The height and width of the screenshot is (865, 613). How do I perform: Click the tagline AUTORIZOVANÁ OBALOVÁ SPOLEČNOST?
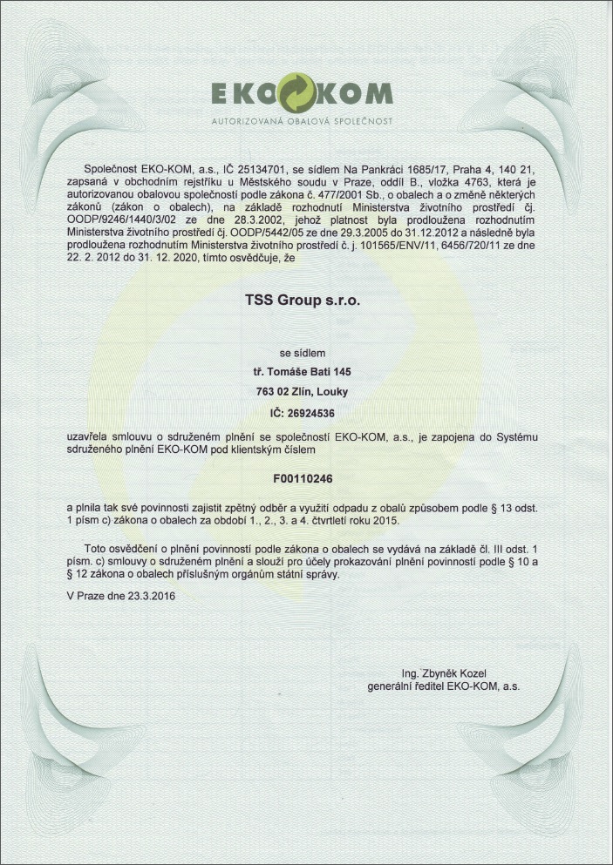(x=302, y=120)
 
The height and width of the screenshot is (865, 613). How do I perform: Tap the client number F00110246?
(x=303, y=478)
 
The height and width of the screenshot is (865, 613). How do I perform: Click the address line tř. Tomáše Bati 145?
(x=303, y=371)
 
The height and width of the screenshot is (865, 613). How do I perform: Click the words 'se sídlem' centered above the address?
(x=302, y=353)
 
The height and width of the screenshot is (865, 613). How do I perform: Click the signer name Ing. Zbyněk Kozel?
(x=444, y=673)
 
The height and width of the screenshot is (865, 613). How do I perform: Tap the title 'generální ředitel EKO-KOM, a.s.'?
(x=444, y=686)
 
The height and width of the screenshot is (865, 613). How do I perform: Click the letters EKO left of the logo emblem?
(x=243, y=93)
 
